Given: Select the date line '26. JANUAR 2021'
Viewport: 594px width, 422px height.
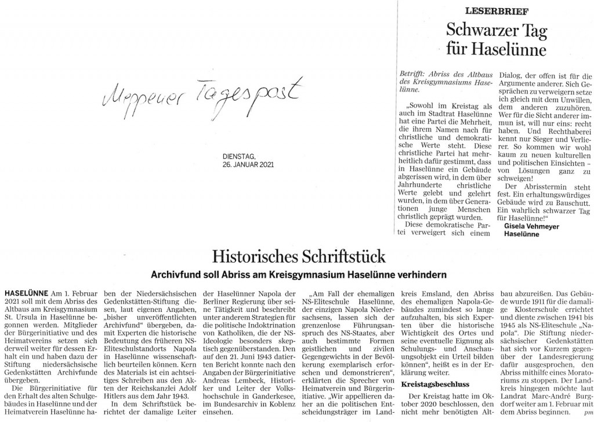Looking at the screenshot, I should coord(248,164).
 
